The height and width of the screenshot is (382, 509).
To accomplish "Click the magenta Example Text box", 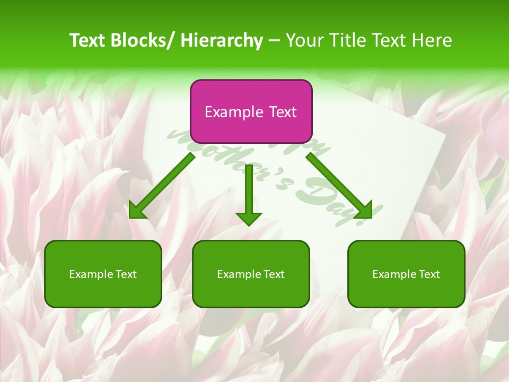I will coord(251,111).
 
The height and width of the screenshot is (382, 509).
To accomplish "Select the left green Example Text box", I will coord(103,274).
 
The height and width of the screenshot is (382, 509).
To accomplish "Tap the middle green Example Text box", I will coord(251,274).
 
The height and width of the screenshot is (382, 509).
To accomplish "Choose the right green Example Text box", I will coord(406,274).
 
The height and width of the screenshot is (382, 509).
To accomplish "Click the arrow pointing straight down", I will coord(249,196).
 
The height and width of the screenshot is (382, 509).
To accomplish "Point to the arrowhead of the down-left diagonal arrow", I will coord(137,211).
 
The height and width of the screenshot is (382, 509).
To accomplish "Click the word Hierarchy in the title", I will coord(222,40).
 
